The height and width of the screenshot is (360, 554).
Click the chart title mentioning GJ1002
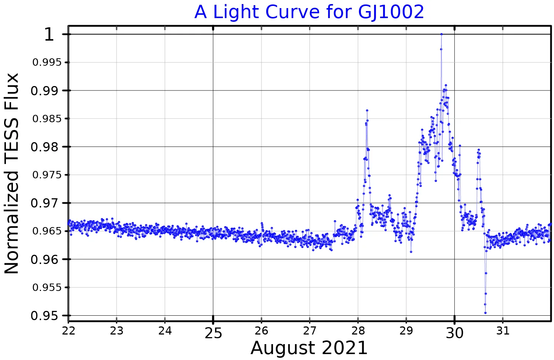tap(309, 12)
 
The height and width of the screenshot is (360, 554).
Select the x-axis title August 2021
tap(309, 348)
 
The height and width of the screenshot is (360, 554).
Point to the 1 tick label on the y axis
tap(49, 35)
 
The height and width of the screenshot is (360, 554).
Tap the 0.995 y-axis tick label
tap(47, 62)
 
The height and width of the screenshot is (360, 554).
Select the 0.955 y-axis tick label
tap(47, 287)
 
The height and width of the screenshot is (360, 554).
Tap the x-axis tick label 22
tap(69, 331)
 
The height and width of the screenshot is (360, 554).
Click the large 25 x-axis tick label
tap(213, 333)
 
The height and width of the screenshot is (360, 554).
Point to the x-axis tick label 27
tap(310, 331)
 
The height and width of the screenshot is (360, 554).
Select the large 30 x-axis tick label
tap(455, 333)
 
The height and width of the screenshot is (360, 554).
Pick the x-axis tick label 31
tap(503, 331)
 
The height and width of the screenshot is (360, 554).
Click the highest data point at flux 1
tap(441, 34)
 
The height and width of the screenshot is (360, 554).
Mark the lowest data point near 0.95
tap(485, 313)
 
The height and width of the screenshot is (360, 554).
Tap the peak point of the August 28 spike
tap(367, 110)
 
